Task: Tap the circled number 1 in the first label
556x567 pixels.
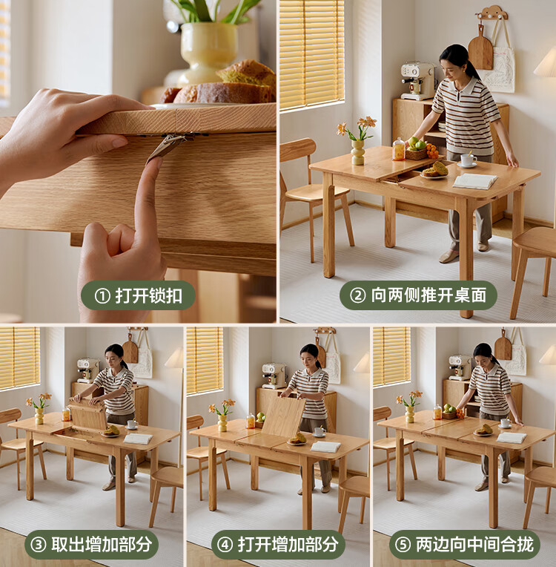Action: coord(102,296)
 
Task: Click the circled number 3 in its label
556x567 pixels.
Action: coord(38,545)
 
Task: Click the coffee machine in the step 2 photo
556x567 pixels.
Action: coord(418,81)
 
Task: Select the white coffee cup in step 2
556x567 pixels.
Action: coord(468,160)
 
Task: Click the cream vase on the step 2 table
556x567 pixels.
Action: coord(357,152)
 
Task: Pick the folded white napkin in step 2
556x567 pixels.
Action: coord(474,181)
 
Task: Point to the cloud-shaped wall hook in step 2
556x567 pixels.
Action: coord(492,13)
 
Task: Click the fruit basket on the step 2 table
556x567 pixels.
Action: coord(417,149)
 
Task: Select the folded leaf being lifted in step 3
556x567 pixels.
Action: coord(87,414)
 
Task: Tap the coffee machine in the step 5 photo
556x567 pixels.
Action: coord(460,367)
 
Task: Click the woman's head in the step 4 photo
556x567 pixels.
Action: coord(310,355)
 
